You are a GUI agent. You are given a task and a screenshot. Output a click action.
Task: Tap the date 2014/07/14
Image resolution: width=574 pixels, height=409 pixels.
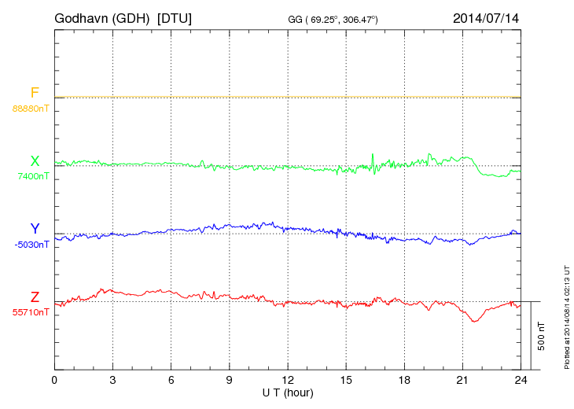[486, 17]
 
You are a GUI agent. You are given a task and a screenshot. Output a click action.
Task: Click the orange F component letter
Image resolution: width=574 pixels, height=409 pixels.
[35, 93]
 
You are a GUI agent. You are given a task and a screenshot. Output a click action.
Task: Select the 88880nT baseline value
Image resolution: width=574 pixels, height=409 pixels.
[31, 108]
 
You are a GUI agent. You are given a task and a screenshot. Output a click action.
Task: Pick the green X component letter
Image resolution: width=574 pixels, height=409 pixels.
[35, 161]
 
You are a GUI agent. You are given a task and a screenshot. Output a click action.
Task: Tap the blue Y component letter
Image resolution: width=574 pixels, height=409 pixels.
[35, 229]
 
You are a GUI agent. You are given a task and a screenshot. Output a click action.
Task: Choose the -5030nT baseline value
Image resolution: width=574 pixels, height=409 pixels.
[31, 244]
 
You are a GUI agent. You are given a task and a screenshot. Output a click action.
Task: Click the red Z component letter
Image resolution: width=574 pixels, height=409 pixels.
[35, 297]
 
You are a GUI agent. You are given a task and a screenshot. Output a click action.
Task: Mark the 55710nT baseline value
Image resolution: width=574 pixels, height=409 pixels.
[31, 312]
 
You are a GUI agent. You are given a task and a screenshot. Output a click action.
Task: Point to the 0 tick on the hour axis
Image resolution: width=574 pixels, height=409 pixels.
[54, 380]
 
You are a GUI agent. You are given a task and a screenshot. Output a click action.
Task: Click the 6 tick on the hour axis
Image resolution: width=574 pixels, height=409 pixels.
[171, 380]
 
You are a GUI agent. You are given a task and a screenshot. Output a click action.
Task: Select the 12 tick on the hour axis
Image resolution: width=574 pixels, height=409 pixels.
[287, 380]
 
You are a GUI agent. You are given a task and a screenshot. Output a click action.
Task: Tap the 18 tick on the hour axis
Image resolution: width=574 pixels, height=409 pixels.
[403, 380]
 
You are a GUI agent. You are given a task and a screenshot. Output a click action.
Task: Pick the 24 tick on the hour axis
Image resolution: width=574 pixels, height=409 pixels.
[520, 380]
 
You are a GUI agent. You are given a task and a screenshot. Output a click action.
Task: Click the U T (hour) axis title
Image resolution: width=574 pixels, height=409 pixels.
[288, 392]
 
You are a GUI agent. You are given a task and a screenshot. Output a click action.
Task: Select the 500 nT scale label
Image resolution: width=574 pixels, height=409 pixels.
[542, 336]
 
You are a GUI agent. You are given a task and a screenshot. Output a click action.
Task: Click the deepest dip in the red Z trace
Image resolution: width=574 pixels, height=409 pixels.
[474, 321]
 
